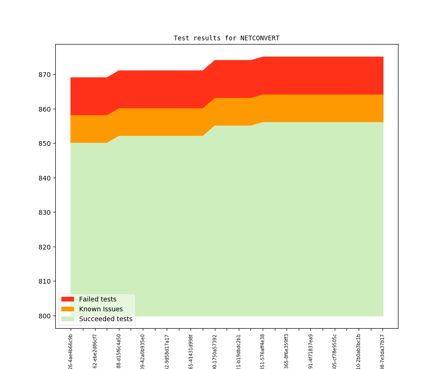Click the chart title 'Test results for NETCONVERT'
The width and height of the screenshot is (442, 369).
click(226, 38)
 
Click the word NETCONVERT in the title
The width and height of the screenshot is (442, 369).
click(260, 38)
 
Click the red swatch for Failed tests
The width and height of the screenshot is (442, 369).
click(67, 299)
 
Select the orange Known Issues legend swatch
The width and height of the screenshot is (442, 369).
click(67, 309)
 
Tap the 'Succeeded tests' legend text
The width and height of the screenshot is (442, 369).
click(105, 319)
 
